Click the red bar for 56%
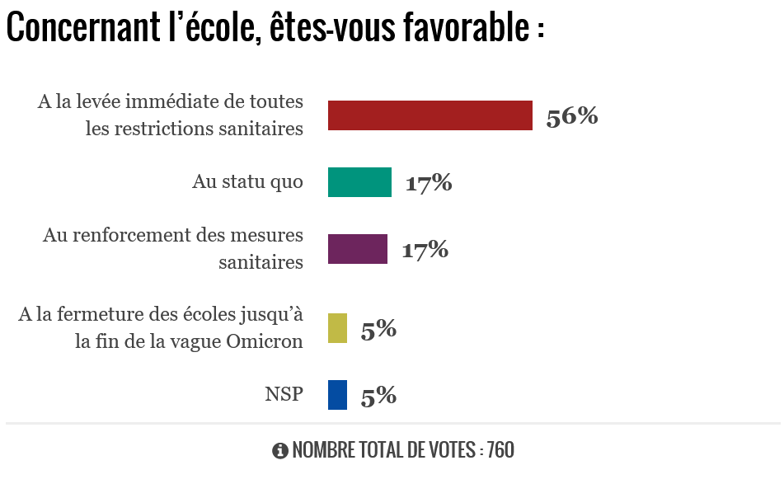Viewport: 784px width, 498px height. (430, 115)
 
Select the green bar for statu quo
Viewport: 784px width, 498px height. (359, 182)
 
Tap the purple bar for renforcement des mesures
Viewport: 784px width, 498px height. (357, 249)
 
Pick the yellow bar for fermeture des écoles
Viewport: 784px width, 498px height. (337, 328)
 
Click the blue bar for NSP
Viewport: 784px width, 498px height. (337, 395)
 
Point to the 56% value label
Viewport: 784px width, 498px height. (571, 116)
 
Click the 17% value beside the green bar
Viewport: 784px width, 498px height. (428, 183)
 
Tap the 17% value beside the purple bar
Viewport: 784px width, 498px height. (425, 249)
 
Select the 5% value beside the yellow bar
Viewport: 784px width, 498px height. (378, 329)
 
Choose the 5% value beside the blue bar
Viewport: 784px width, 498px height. (378, 396)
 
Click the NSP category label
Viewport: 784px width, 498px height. (284, 394)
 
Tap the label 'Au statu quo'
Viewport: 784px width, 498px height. (247, 181)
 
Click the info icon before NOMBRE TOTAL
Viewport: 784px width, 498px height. (279, 450)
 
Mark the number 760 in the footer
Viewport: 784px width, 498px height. (500, 450)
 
